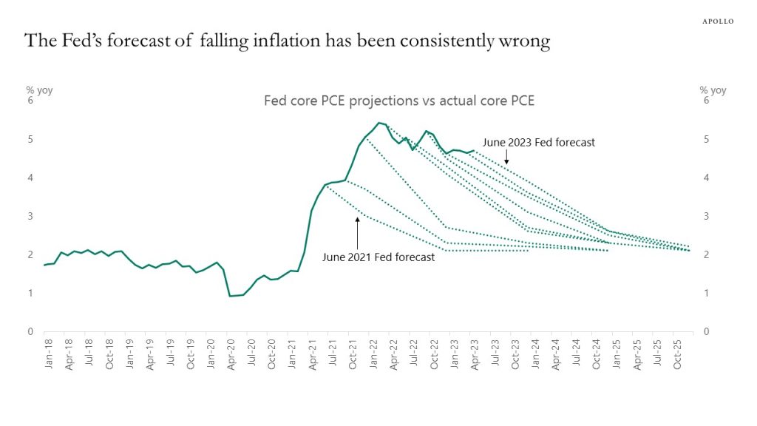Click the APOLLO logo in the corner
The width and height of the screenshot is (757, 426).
(x=717, y=21)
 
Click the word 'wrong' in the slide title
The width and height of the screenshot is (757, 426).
(x=526, y=42)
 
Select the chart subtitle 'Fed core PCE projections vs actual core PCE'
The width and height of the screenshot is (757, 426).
(x=399, y=101)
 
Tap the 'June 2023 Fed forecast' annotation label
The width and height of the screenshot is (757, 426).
(x=538, y=142)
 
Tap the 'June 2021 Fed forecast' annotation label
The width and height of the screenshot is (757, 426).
(x=378, y=257)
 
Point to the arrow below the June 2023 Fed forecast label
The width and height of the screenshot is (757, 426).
(x=506, y=157)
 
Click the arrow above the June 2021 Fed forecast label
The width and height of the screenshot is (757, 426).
(x=357, y=232)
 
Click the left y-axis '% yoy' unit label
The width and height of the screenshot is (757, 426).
(x=39, y=90)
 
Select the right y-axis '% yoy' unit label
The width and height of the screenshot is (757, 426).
(x=713, y=90)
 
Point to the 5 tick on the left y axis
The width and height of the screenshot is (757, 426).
(x=30, y=139)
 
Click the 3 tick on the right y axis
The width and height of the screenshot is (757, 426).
(x=707, y=216)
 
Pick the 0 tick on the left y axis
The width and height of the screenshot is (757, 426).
(x=30, y=331)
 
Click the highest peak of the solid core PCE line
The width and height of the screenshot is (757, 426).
(x=378, y=123)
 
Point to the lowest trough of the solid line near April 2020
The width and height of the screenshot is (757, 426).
(x=230, y=296)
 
